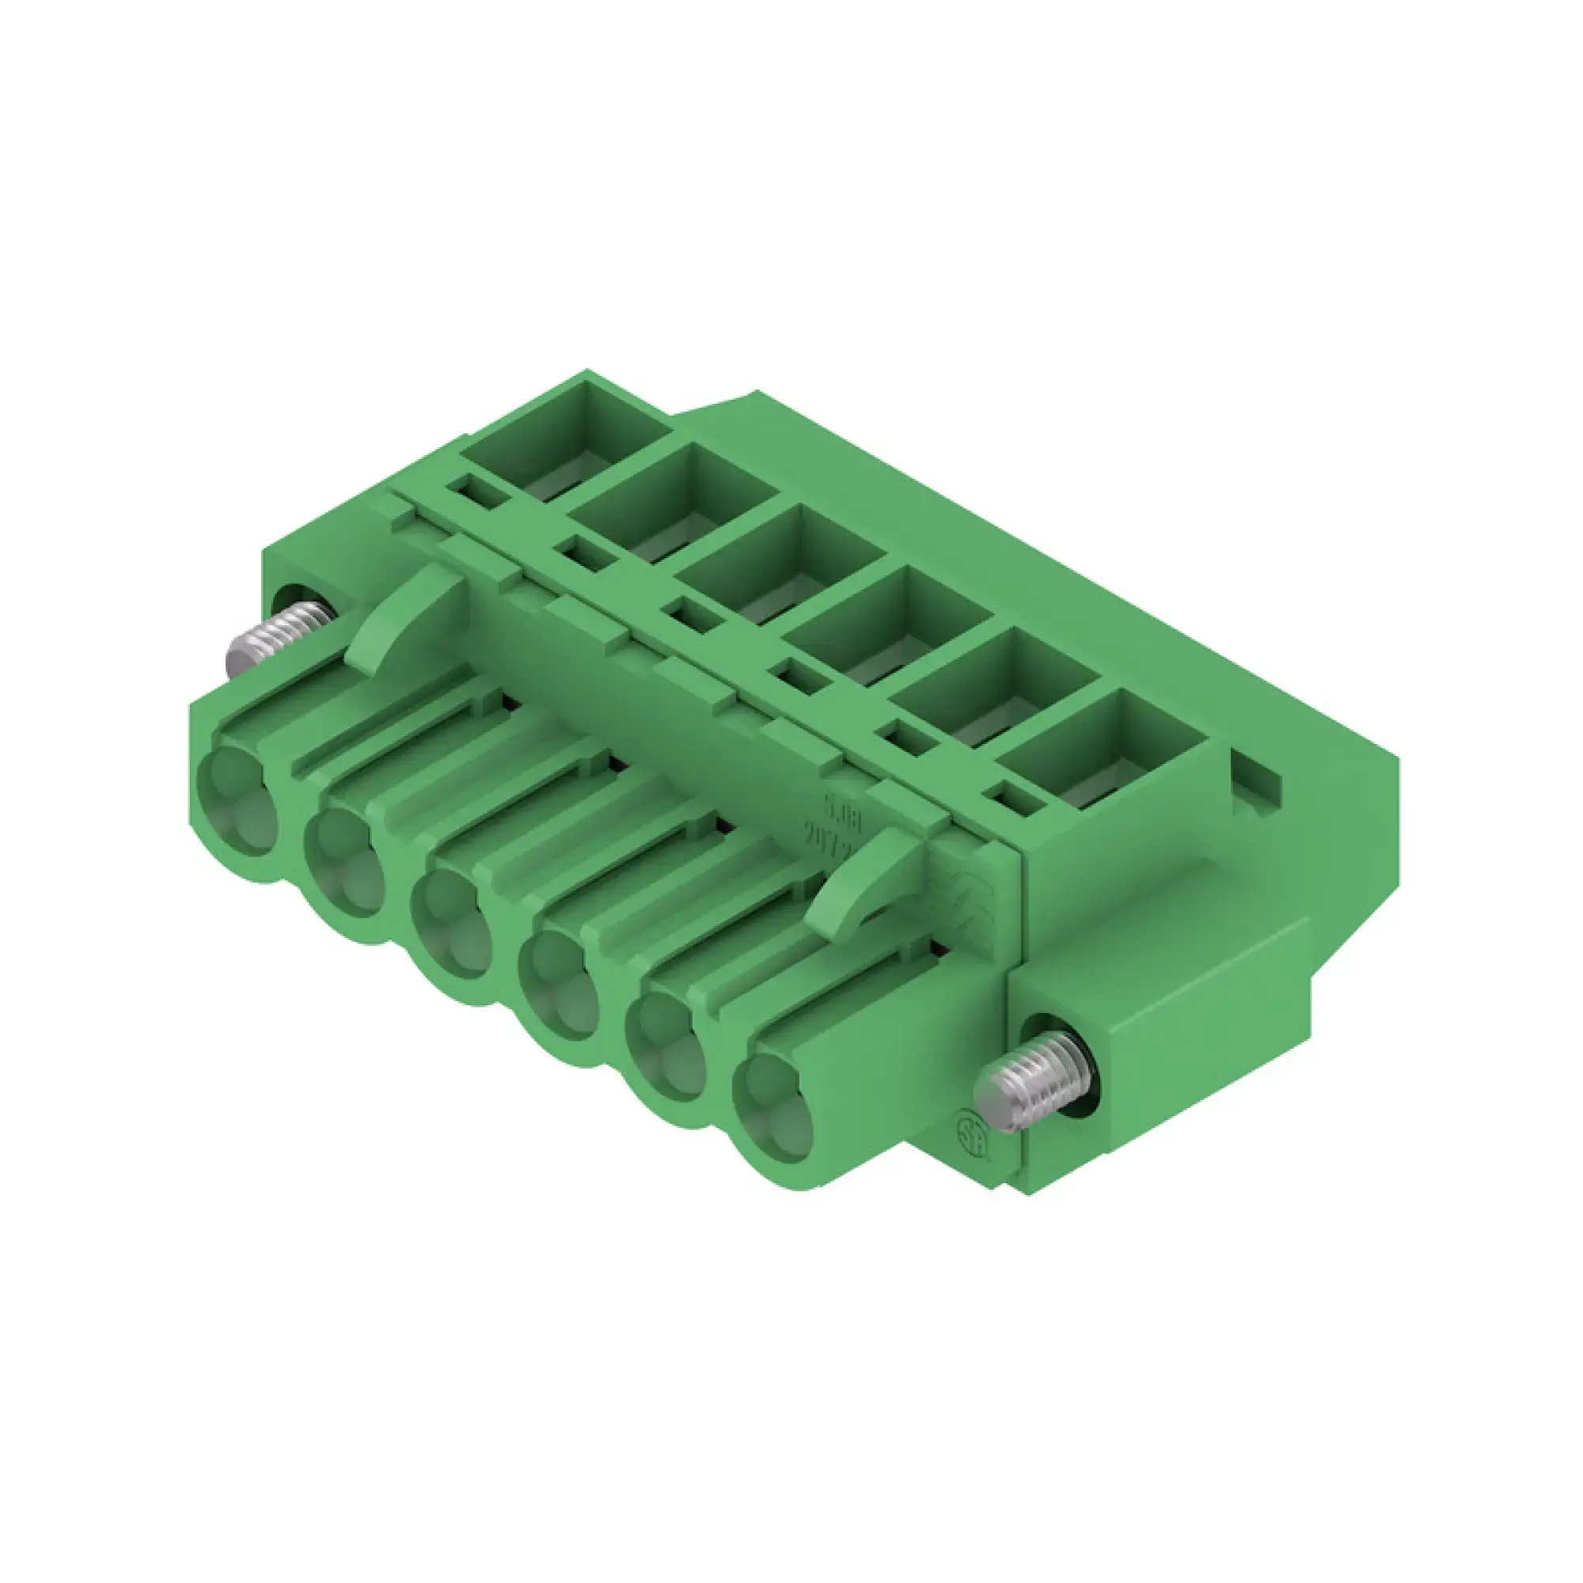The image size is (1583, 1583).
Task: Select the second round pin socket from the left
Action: (x=344, y=860)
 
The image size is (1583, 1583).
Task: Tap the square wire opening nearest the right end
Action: (x=1102, y=750)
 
